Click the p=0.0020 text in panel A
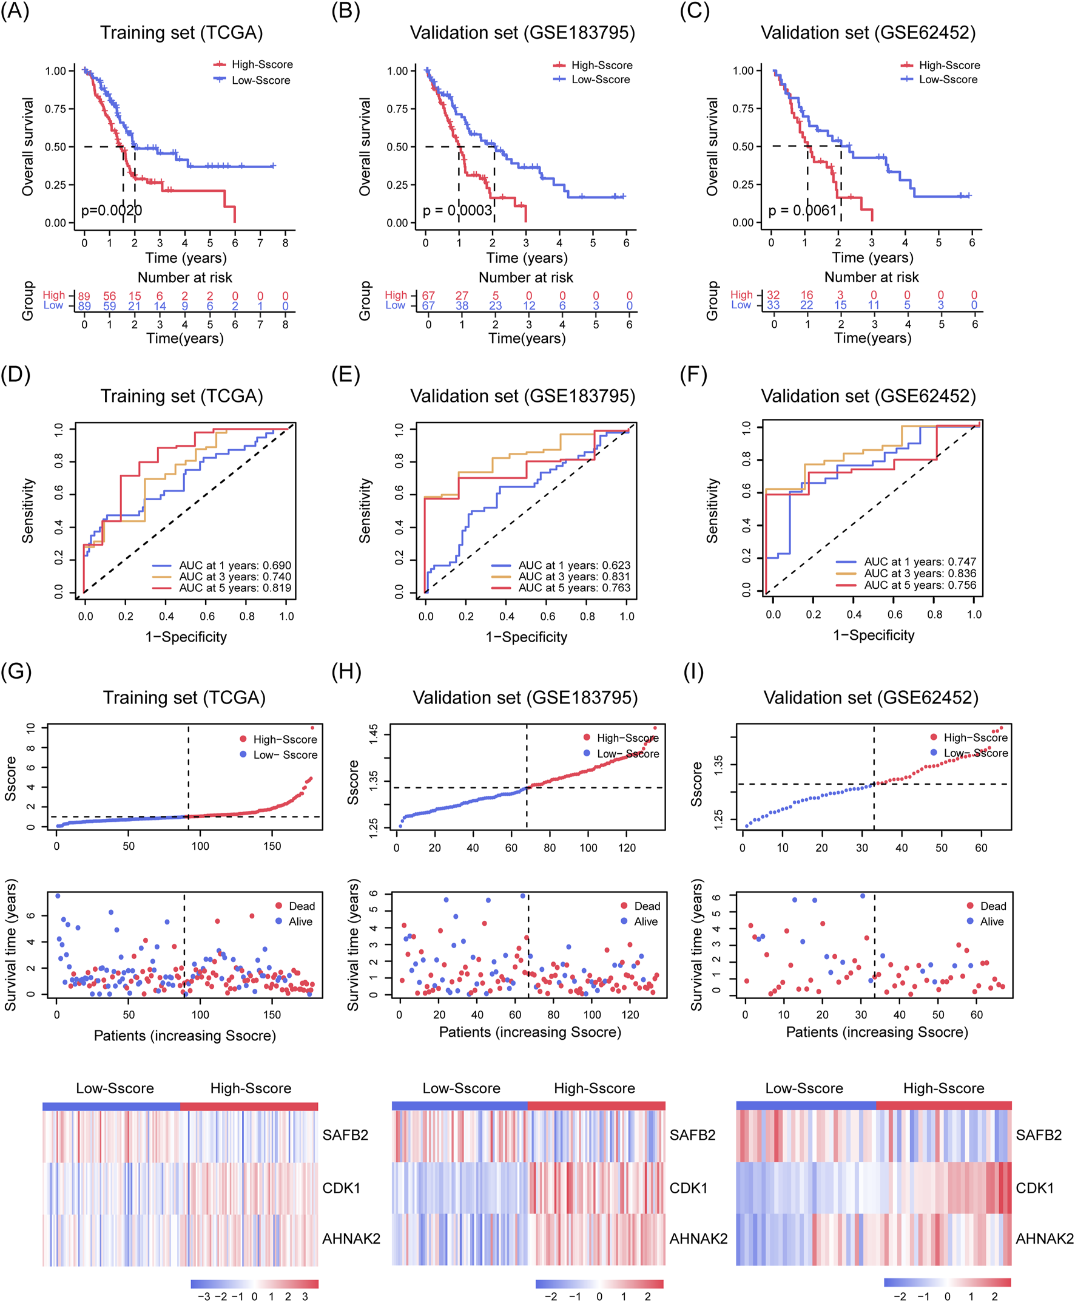pyautogui.click(x=112, y=211)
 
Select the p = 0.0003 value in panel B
pyautogui.click(x=457, y=211)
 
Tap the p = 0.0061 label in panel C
pyautogui.click(x=803, y=211)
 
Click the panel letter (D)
pyautogui.click(x=16, y=375)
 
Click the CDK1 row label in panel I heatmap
pyautogui.click(x=1035, y=1188)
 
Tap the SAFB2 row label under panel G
pyautogui.click(x=345, y=1134)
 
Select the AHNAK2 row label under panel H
pyautogui.click(x=698, y=1239)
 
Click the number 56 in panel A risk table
pyautogui.click(x=110, y=296)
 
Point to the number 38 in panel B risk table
pyautogui.click(x=462, y=305)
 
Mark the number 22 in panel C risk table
pyautogui.click(x=807, y=305)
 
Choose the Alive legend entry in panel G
pyautogui.click(x=300, y=921)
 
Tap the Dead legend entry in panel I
pyautogui.click(x=992, y=906)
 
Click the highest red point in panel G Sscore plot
pyautogui.click(x=312, y=728)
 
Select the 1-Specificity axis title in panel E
pyautogui.click(x=527, y=637)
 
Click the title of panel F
pyautogui.click(x=868, y=396)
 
